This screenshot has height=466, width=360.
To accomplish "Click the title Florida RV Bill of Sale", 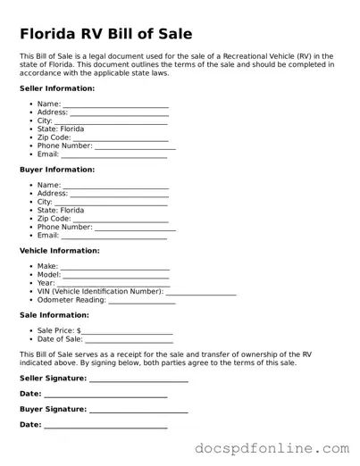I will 105,34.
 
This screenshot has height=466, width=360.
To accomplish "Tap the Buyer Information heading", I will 57,170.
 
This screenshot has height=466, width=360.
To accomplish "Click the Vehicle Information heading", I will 60,251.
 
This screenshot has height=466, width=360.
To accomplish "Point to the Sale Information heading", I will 54,315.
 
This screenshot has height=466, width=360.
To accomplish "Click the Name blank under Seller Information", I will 116,105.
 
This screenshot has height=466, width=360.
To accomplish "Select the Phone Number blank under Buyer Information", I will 135,228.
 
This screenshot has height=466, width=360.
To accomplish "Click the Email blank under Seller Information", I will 113,155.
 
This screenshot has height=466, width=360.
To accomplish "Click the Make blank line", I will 115,268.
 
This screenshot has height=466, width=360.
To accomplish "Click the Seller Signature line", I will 138,379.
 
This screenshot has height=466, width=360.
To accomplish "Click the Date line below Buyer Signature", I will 105,426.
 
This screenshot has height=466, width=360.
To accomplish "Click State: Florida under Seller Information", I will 61,129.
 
